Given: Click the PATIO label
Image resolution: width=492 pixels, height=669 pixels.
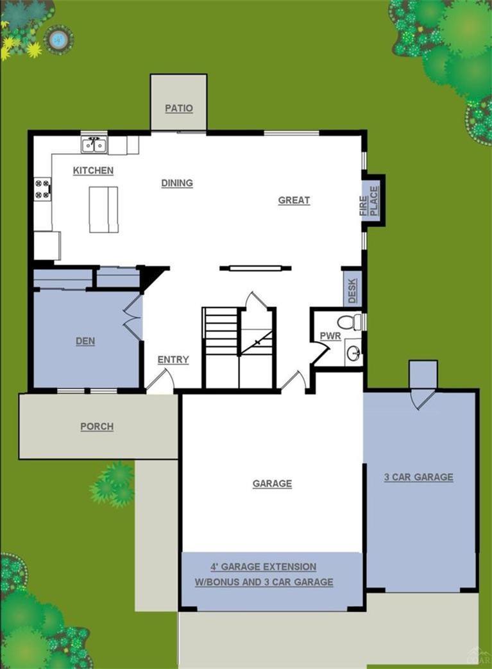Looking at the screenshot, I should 179,108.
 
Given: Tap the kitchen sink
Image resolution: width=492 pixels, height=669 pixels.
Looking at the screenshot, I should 94,145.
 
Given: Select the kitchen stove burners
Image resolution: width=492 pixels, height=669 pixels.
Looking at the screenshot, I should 42,188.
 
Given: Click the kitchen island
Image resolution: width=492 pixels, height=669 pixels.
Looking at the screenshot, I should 103,209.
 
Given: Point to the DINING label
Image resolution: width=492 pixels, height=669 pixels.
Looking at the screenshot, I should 177,183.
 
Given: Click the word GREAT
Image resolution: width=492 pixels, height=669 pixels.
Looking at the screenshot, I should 294,201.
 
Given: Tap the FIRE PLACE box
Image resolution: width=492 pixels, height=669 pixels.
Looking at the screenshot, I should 373,201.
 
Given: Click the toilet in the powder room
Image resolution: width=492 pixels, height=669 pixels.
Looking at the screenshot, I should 350,322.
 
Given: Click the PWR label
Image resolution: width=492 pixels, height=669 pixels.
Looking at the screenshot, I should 330,336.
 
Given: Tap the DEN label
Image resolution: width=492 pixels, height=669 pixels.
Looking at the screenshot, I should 85,342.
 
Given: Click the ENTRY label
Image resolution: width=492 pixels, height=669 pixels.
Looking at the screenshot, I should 173,360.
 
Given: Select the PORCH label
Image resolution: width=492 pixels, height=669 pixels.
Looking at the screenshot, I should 97,427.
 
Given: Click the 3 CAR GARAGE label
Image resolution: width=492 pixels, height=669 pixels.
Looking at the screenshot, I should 418,477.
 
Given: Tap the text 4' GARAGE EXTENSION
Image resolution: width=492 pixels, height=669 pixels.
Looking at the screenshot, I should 264,567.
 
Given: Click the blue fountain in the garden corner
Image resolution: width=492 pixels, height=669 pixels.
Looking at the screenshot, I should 58,40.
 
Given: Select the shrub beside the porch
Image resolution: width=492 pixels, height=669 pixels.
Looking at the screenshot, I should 114,484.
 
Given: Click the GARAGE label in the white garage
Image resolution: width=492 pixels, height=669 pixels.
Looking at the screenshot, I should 272,484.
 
